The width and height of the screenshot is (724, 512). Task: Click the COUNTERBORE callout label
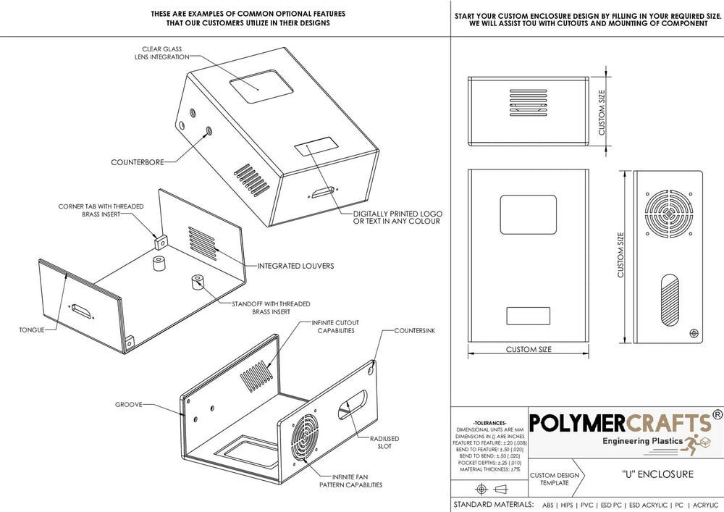pyautogui.click(x=138, y=162)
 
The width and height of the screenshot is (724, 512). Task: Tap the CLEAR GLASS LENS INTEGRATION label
pyautogui.click(x=161, y=53)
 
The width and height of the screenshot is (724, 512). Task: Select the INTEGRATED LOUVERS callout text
pyautogui.click(x=295, y=266)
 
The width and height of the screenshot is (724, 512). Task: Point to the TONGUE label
pyautogui.click(x=32, y=330)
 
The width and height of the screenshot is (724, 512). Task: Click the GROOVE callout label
pyautogui.click(x=129, y=404)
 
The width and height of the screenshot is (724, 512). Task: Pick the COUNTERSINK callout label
pyautogui.click(x=415, y=330)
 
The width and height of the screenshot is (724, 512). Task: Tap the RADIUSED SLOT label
pyautogui.click(x=384, y=442)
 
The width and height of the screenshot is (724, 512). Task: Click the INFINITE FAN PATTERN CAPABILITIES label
pyautogui.click(x=351, y=481)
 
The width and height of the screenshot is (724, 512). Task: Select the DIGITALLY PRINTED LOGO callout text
pyautogui.click(x=397, y=217)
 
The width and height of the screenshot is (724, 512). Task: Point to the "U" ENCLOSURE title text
pyautogui.click(x=657, y=474)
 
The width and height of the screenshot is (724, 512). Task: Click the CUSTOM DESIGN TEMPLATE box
pyautogui.click(x=556, y=478)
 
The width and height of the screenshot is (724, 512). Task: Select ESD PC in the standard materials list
pyautogui.click(x=611, y=505)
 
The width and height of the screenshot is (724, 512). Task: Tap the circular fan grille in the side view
pyautogui.click(x=668, y=214)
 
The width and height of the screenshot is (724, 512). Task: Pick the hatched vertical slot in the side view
pyautogui.click(x=670, y=300)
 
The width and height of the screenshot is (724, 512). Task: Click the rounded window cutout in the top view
pyautogui.click(x=529, y=214)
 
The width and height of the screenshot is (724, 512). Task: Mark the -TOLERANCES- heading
pyautogui.click(x=490, y=423)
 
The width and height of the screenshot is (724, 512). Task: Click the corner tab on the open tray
pyautogui.click(x=161, y=243)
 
